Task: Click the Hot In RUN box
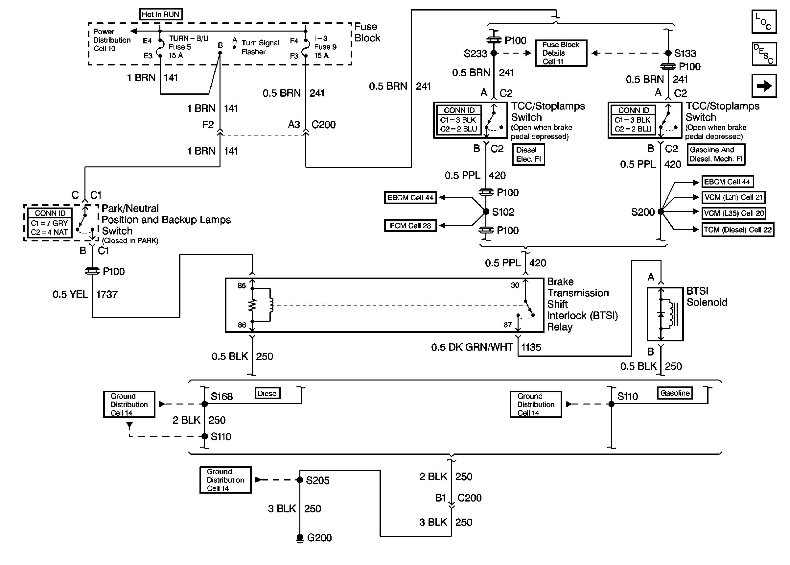(160, 14)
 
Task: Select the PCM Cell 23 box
(410, 226)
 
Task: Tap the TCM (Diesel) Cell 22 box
(737, 230)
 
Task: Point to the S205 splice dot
(300, 480)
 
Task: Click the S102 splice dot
(486, 211)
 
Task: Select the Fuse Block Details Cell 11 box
(561, 53)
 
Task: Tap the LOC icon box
(764, 22)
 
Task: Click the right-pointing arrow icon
(764, 86)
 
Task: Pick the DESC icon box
(764, 54)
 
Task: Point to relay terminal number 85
(242, 286)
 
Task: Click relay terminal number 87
(507, 325)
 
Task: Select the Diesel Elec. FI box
(528, 155)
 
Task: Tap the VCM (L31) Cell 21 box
(733, 197)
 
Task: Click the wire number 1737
(107, 294)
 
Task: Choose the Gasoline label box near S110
(675, 393)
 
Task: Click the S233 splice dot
(494, 53)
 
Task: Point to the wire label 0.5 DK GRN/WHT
(472, 347)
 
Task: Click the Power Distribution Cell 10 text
(111, 40)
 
